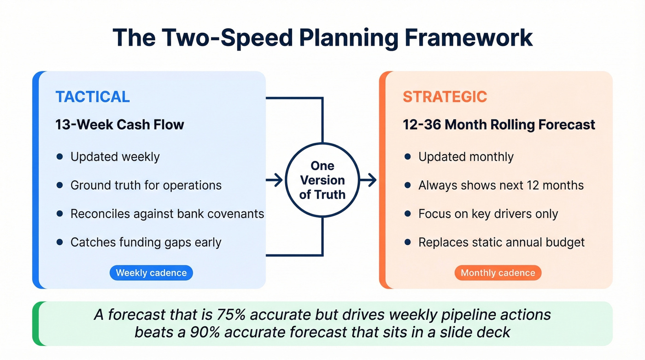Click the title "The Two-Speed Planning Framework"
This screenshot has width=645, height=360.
(322, 38)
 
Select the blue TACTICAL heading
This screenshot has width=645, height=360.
(93, 97)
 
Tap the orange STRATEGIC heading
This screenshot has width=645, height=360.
(445, 97)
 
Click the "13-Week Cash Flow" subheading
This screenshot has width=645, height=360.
(120, 124)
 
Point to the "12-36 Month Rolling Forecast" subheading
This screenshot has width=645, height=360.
(499, 124)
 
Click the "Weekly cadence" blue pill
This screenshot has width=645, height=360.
(151, 273)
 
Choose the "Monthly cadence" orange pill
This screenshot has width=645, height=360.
(498, 273)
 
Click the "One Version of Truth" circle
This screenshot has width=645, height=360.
(322, 180)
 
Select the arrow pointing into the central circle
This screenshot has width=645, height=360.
(275, 180)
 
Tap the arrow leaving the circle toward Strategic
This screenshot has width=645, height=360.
(368, 180)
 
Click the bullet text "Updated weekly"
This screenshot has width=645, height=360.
(115, 157)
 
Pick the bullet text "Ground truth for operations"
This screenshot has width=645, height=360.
(146, 185)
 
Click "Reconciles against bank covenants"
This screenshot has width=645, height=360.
(167, 214)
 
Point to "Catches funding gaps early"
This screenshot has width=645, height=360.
(146, 242)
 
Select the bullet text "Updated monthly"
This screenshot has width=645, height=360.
(465, 157)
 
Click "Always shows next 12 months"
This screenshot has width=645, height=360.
(501, 185)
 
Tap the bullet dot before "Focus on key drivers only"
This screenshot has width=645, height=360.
(407, 214)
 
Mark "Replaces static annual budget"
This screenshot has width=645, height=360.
(501, 242)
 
